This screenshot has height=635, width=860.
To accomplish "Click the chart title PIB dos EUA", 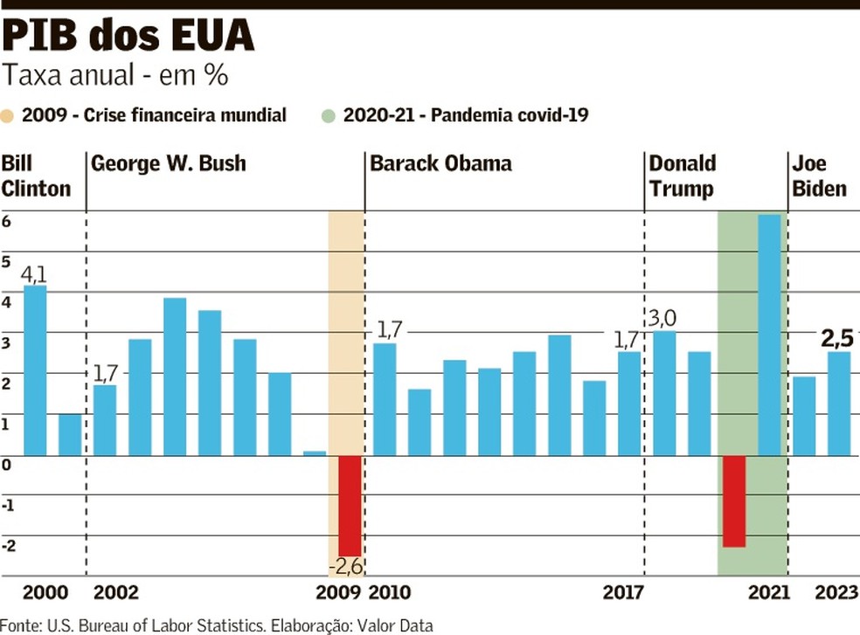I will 128,36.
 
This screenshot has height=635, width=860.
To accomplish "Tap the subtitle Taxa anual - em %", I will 115,76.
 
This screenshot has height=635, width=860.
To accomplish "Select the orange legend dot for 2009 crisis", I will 9,115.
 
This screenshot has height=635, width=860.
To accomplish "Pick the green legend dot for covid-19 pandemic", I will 329,115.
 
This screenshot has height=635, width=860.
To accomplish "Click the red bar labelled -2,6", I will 350,505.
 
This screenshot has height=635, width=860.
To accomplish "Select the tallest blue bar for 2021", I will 769,335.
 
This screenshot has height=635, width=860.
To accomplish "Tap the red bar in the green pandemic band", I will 734,500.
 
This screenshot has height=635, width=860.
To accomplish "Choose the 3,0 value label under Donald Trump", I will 662,317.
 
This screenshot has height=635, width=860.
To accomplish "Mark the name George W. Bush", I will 169,163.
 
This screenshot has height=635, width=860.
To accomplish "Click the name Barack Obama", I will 440,163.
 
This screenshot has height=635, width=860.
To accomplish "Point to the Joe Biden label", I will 819,176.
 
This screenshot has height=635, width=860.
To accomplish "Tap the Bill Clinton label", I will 36,176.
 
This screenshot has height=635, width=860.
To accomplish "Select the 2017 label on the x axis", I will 622,593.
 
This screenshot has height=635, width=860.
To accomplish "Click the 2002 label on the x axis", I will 115,593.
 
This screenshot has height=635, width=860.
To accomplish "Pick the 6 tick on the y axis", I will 6,222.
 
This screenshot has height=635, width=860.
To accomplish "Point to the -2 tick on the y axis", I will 8,546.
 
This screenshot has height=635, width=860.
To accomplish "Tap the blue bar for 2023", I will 839,403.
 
